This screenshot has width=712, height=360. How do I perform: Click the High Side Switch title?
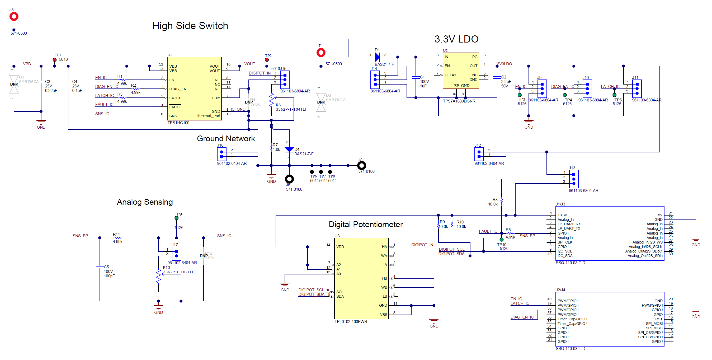(190, 26)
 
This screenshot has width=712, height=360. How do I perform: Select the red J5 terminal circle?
(14, 17)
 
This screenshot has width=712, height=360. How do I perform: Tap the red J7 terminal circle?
(320, 53)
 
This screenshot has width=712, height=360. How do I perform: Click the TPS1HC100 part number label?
(178, 123)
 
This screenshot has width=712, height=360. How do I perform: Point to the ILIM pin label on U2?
(216, 98)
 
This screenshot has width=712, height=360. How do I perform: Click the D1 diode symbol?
(377, 57)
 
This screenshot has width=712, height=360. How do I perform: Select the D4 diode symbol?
(289, 149)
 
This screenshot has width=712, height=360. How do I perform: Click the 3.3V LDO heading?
(456, 39)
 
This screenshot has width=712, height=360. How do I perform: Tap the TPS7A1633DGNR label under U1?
(459, 101)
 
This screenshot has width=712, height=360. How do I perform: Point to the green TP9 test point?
(176, 218)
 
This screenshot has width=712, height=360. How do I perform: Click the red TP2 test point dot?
(266, 60)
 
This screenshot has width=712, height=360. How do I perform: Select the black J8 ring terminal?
(361, 166)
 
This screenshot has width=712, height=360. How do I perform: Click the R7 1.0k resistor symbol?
(271, 148)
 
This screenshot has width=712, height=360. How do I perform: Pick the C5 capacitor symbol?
(100, 267)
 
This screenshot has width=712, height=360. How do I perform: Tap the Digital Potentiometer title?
(365, 224)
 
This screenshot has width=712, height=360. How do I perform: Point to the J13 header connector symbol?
(574, 179)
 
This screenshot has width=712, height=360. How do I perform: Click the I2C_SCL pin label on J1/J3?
(565, 251)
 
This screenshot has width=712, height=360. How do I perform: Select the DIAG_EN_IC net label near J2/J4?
(522, 317)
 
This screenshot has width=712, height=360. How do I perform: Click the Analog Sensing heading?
(145, 202)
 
